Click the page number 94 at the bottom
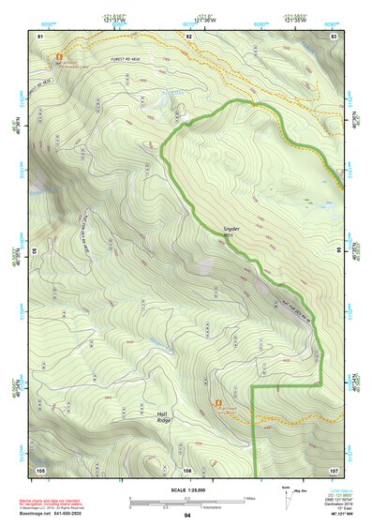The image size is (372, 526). [187, 516]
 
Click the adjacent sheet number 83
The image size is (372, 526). [334, 35]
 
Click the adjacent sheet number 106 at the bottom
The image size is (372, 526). [187, 469]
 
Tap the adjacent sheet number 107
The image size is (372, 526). [334, 469]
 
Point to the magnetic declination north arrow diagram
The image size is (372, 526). [286, 498]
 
